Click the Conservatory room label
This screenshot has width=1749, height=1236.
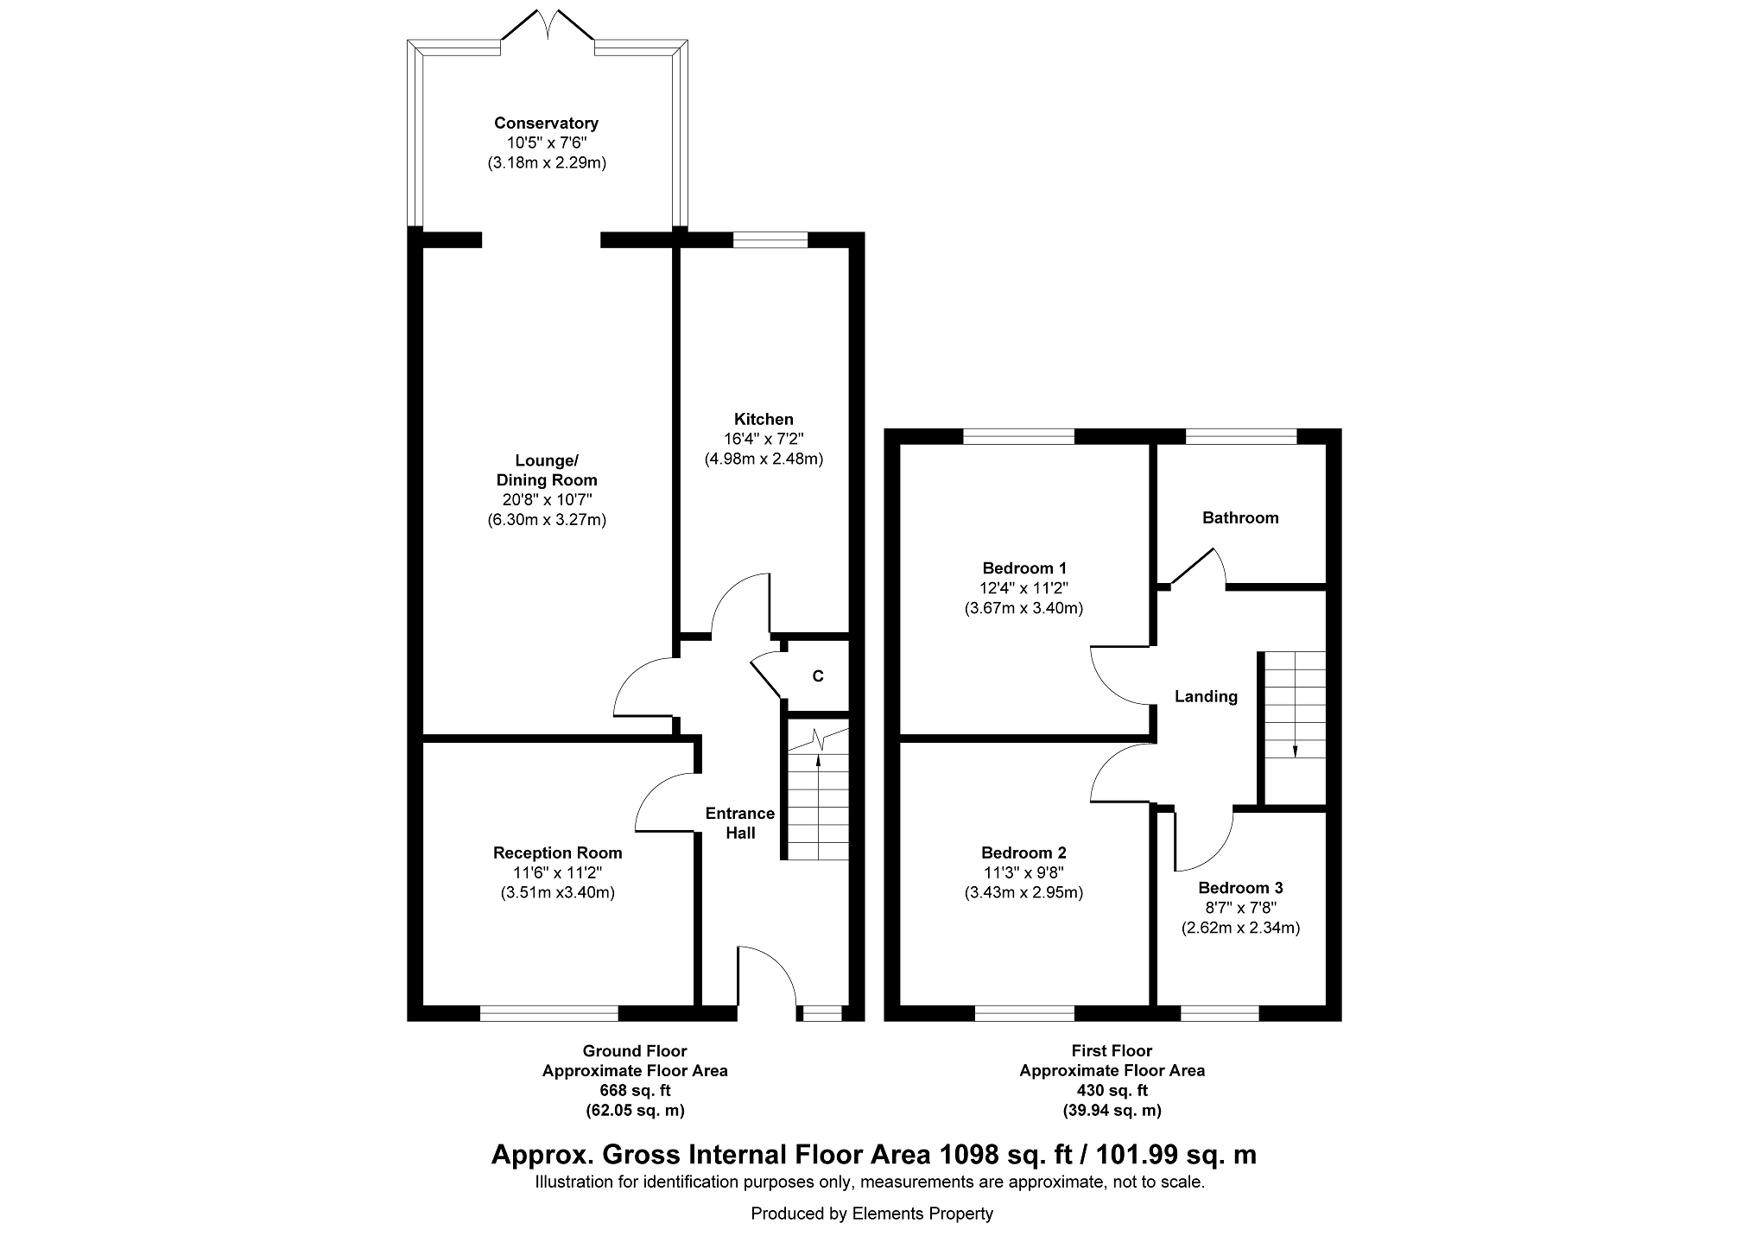[546, 123]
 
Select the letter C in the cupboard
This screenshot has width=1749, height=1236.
[818, 676]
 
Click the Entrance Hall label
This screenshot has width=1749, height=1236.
[740, 823]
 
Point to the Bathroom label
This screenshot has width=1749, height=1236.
[1240, 517]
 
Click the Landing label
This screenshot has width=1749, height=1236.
[1206, 696]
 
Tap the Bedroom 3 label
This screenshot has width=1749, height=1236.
[1240, 888]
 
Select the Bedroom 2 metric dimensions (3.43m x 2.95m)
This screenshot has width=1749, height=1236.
[1023, 893]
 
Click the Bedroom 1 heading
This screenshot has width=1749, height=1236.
[1024, 568]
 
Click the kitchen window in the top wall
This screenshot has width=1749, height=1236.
[770, 240]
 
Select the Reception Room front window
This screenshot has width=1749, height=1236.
[549, 1013]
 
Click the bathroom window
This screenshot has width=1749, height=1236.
[1241, 436]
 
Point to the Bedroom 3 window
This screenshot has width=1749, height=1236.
[1220, 1013]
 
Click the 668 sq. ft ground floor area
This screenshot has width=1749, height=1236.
[635, 1091]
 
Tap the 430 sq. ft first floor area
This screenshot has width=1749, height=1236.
[1112, 1091]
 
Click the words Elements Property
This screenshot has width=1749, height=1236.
[922, 1214]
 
